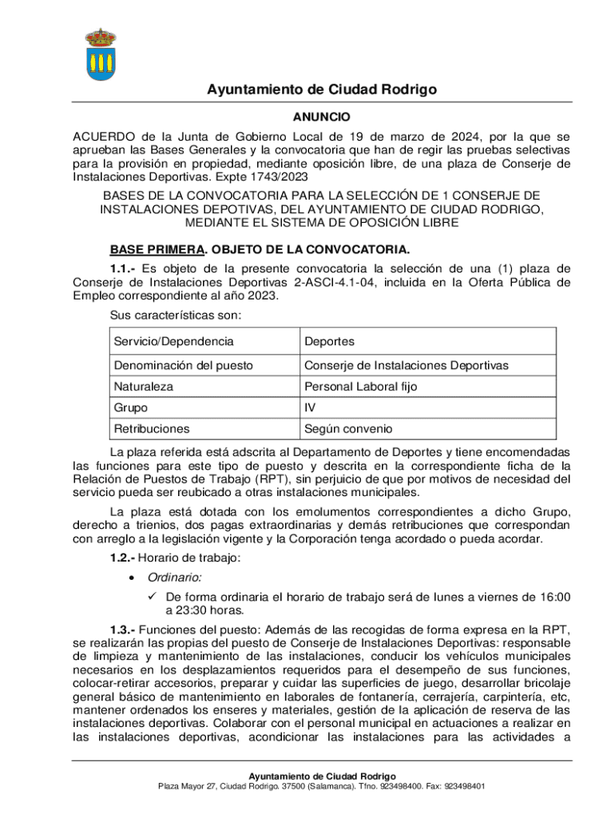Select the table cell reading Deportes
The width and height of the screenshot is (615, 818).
(x=328, y=341)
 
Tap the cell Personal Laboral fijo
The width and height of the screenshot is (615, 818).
(x=359, y=386)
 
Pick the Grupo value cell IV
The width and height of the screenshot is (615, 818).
(x=310, y=407)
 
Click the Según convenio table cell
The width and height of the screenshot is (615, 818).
(x=347, y=429)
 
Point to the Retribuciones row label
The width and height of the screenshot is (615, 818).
(x=152, y=429)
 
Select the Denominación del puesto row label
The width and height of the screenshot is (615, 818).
(x=183, y=365)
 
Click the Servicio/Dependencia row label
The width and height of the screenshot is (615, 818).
(x=173, y=341)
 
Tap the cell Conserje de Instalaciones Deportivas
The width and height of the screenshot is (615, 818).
(x=406, y=365)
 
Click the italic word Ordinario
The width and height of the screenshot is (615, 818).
(x=173, y=577)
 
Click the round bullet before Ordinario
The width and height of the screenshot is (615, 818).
(x=130, y=577)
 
